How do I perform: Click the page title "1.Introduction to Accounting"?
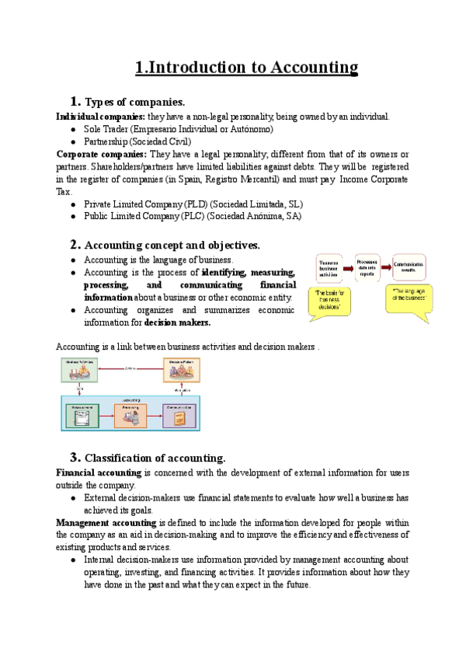[x=246, y=68]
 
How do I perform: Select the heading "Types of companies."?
[x=134, y=102]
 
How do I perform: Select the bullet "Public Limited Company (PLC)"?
[x=193, y=216]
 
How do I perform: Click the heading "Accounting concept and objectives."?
[x=172, y=245]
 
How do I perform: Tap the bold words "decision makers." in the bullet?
[x=178, y=323]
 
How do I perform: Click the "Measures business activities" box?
[x=331, y=270]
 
